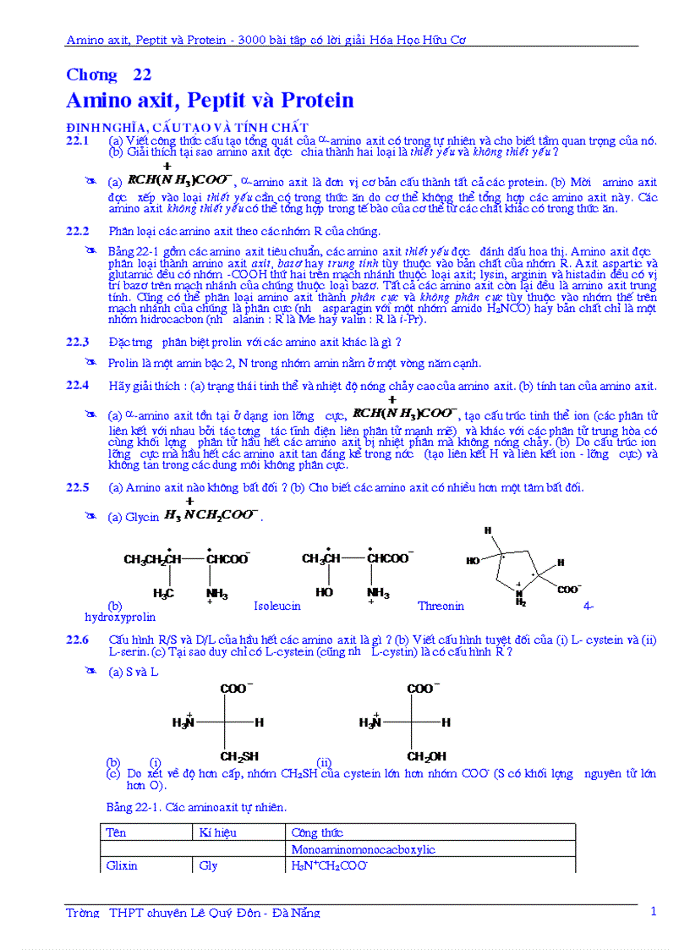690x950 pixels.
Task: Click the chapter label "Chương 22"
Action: tap(109, 74)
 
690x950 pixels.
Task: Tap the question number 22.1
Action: tap(78, 140)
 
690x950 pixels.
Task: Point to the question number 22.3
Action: tap(78, 342)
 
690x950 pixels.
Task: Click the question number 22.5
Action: tap(78, 487)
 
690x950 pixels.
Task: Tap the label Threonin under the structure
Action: tap(441, 606)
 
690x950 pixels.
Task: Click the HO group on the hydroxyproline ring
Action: tap(474, 561)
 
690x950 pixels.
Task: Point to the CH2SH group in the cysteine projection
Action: tap(239, 756)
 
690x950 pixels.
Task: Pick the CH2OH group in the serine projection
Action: tap(426, 756)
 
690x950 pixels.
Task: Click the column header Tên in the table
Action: tap(116, 832)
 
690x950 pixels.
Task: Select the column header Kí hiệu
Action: tap(218, 832)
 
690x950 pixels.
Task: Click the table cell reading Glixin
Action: tap(122, 865)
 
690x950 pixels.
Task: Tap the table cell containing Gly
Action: tap(208, 865)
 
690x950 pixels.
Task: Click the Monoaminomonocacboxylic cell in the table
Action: tap(364, 849)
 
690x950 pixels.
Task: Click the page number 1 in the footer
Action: tap(653, 911)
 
